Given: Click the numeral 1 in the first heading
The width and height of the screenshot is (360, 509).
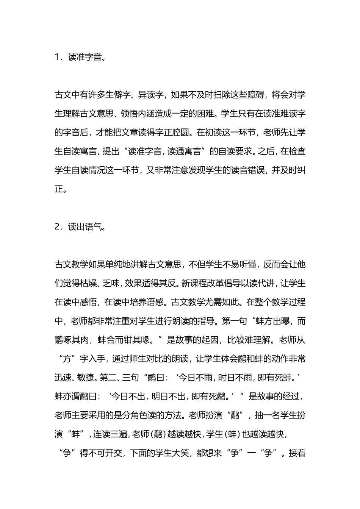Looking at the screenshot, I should (x=57, y=57).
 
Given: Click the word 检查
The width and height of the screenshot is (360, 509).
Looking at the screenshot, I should (x=297, y=151).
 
